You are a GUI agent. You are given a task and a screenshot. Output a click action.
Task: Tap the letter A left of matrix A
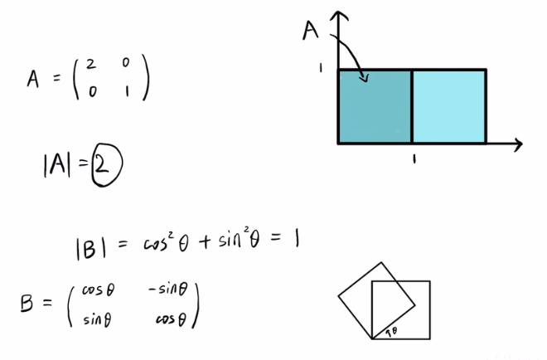[34, 79]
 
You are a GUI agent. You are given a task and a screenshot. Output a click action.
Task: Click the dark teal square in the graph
[375, 107]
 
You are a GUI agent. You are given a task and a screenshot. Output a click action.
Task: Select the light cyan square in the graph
[448, 107]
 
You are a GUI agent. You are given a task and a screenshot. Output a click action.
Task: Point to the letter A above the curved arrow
[312, 32]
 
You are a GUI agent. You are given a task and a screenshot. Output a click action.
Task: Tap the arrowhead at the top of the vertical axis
[337, 17]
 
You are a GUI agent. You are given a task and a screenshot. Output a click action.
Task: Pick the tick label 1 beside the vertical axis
[319, 67]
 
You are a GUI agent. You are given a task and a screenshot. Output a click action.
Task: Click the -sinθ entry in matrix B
[171, 289]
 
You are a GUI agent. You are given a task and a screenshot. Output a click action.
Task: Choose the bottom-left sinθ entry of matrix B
[98, 319]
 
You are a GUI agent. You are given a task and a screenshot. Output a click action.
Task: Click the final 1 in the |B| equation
[296, 241]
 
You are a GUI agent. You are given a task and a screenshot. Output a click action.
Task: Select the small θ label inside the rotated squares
[393, 331]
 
